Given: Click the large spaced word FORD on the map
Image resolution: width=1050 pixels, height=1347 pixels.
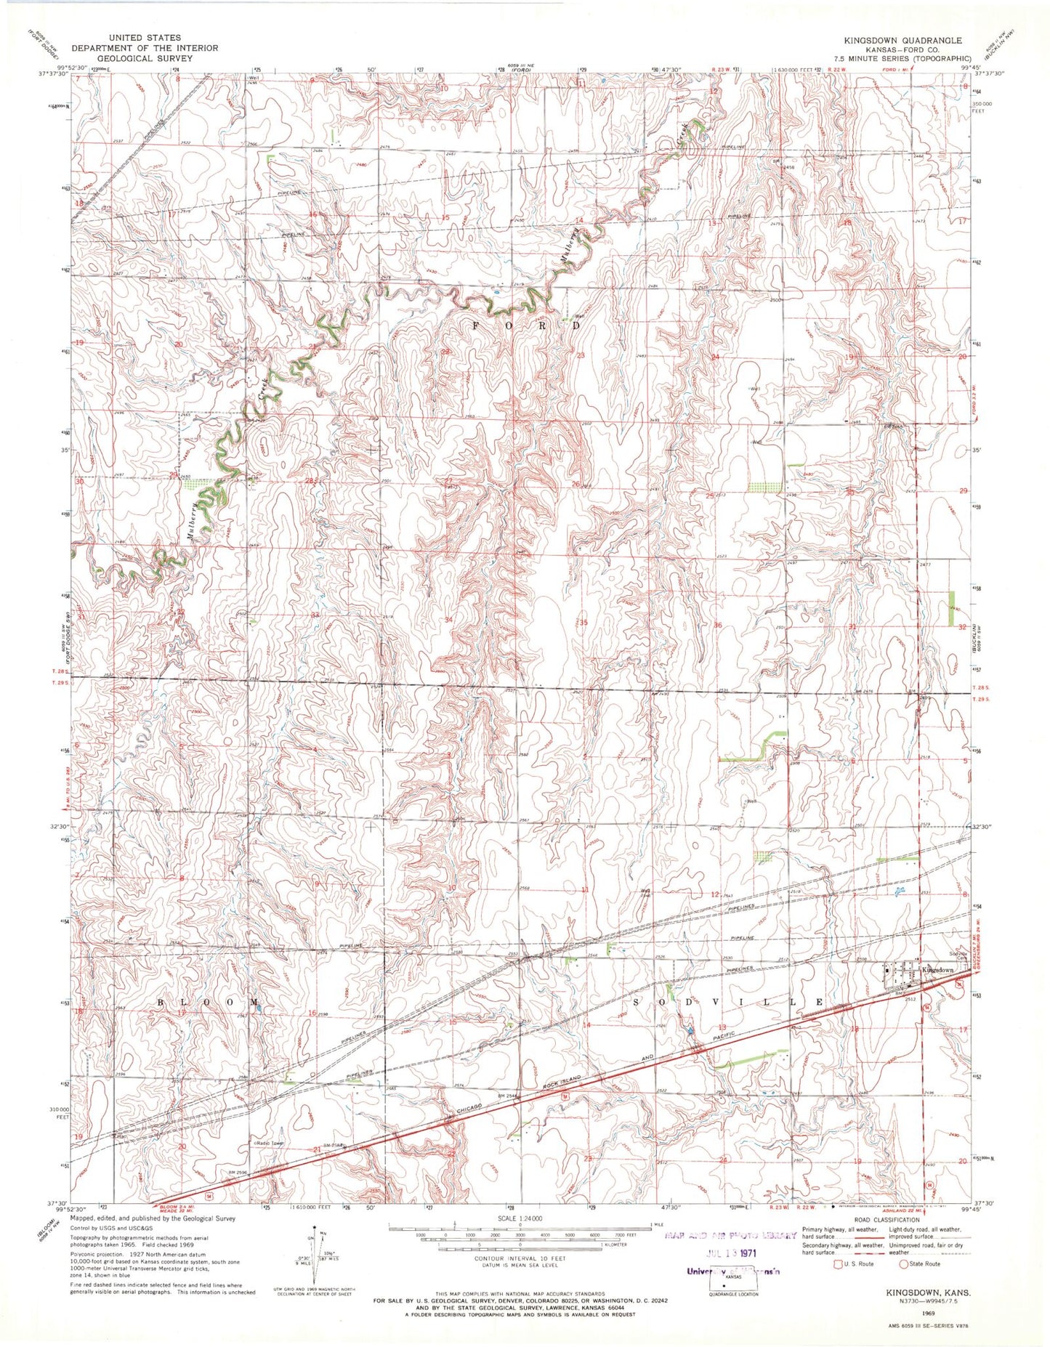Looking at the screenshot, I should coord(526,325).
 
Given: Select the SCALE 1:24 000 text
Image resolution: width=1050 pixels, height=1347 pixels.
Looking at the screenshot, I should coord(520,1218).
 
